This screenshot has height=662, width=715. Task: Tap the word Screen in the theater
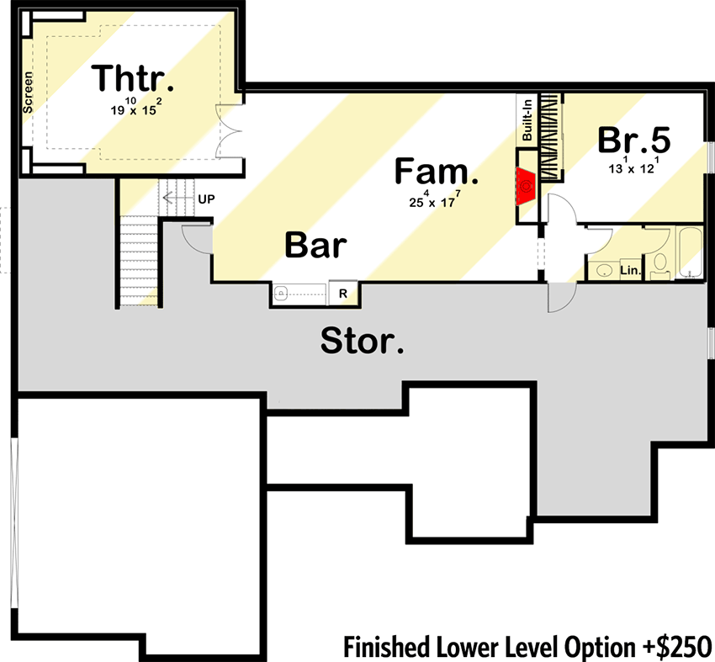28,93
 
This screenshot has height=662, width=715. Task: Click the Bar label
315,246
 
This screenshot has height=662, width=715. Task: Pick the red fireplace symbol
526,183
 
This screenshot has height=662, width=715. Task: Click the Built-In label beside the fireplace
527,122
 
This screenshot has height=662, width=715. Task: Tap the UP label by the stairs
206,199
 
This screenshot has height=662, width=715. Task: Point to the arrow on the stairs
176,199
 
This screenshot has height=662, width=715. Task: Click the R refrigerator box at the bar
343,294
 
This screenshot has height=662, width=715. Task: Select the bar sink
283,294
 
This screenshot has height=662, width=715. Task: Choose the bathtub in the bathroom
690,252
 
